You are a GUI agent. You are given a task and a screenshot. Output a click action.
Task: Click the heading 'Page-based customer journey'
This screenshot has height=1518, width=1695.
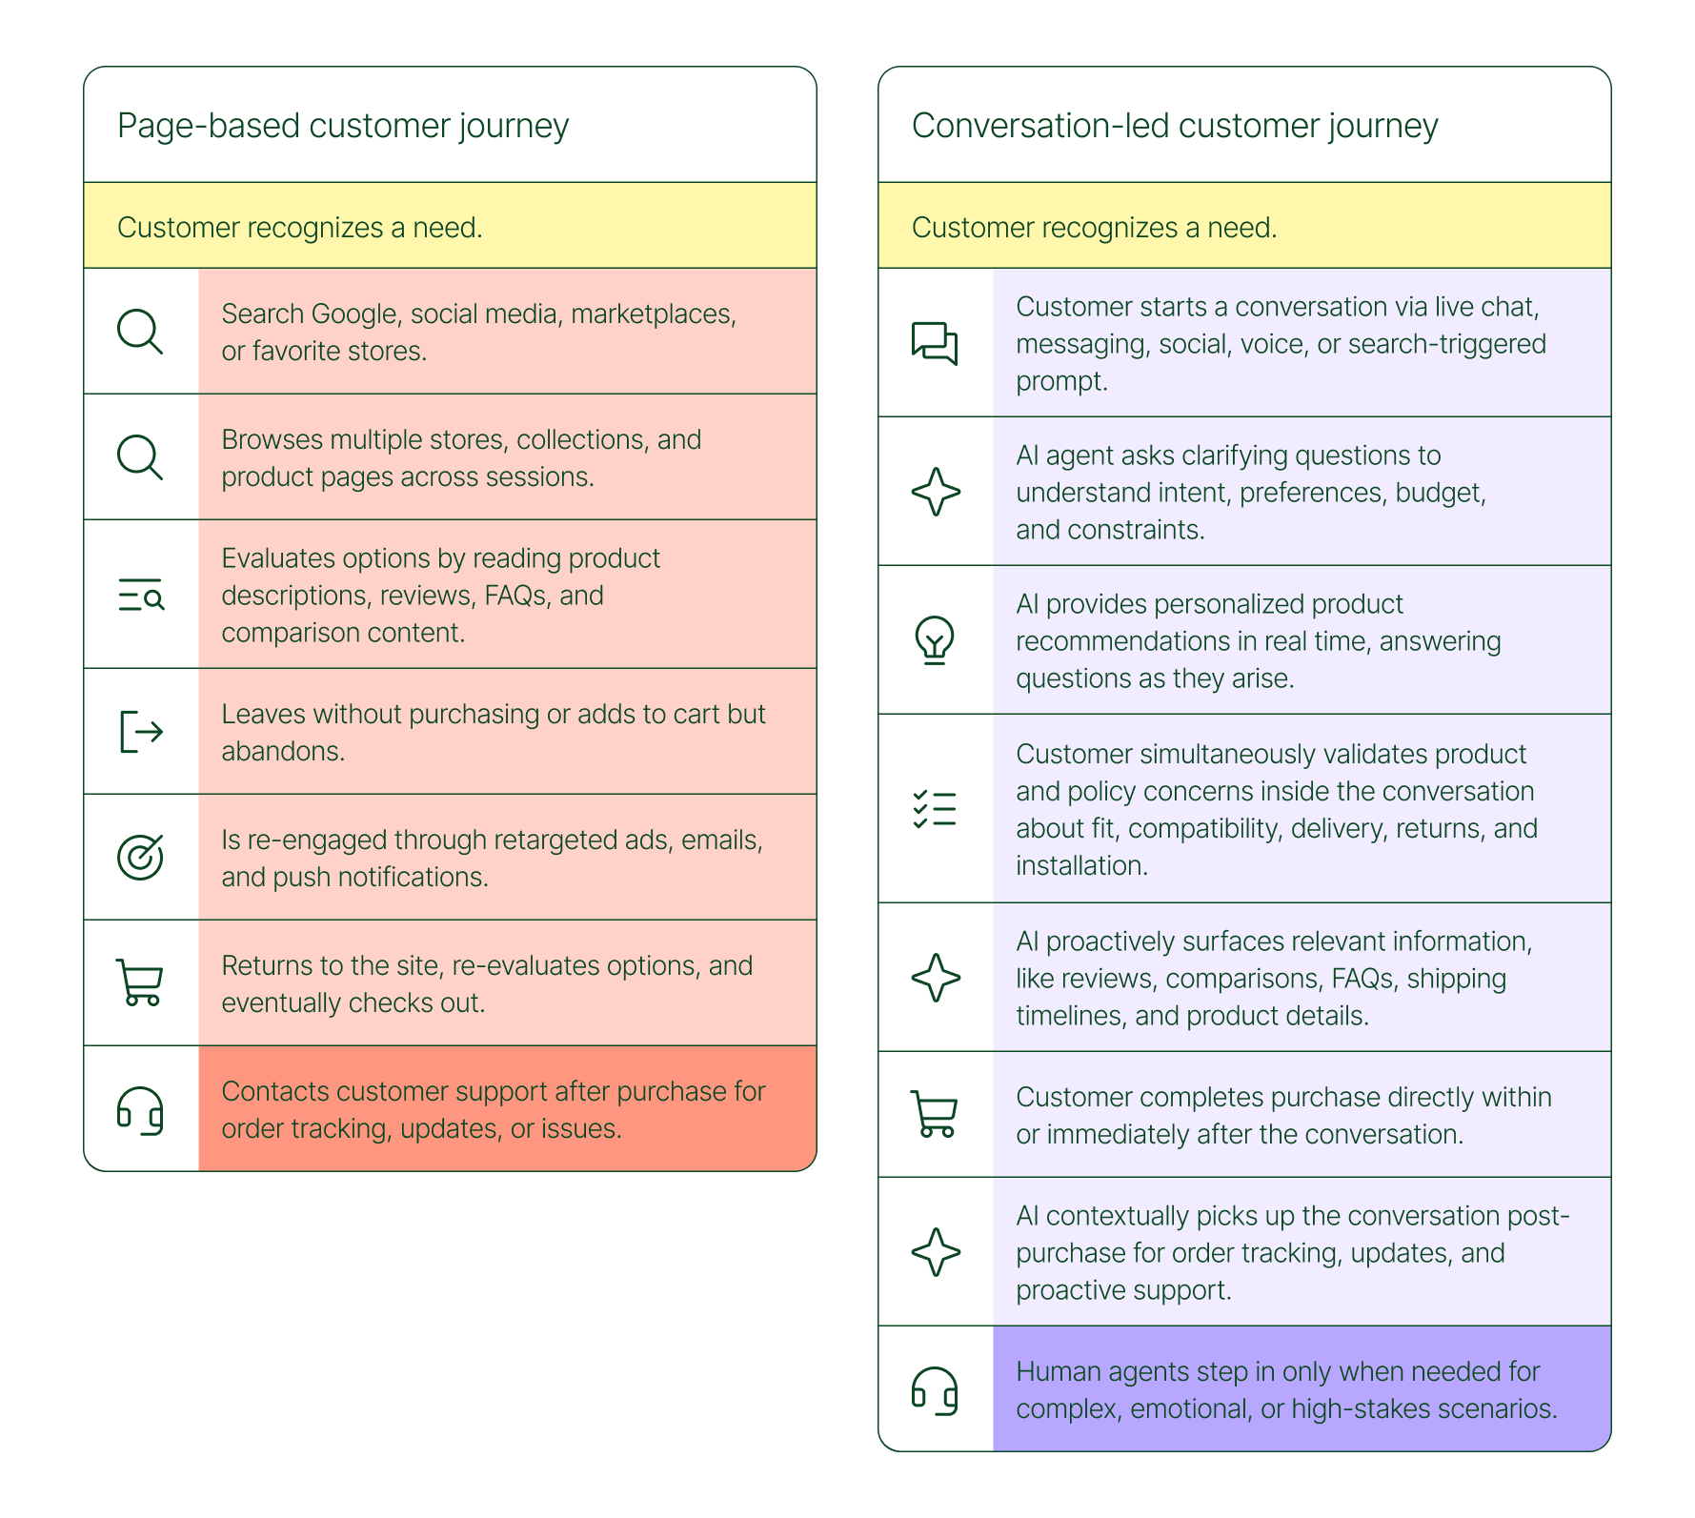pyautogui.click(x=343, y=126)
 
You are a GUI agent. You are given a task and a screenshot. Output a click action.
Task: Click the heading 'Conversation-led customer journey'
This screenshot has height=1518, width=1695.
pyautogui.click(x=1174, y=126)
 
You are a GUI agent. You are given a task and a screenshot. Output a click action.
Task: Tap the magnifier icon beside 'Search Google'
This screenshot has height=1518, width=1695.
pyautogui.click(x=140, y=332)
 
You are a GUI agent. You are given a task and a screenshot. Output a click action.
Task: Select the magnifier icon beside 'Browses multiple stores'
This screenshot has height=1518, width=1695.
pyautogui.click(x=140, y=457)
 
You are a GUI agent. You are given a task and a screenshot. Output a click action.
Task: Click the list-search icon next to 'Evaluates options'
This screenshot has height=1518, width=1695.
pyautogui.click(x=141, y=595)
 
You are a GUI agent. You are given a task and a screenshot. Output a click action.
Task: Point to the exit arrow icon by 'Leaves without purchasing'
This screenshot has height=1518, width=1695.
pyautogui.click(x=141, y=732)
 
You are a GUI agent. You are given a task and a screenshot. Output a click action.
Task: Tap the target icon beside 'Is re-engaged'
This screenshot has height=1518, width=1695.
pyautogui.click(x=140, y=857)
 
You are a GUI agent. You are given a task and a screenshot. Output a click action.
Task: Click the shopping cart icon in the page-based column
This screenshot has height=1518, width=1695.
pyautogui.click(x=140, y=982)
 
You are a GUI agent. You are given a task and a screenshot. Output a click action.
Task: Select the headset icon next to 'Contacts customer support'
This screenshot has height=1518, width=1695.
pyautogui.click(x=140, y=1110)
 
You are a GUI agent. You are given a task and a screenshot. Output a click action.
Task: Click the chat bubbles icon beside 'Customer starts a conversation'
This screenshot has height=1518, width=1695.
pyautogui.click(x=935, y=343)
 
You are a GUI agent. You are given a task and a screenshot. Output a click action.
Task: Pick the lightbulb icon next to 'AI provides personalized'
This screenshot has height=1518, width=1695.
pyautogui.click(x=935, y=639)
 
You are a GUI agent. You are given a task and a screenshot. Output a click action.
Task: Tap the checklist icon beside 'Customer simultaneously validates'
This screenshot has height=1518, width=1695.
pyautogui.click(x=935, y=809)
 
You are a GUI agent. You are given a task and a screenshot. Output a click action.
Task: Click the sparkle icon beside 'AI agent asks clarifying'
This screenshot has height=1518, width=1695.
pyautogui.click(x=936, y=492)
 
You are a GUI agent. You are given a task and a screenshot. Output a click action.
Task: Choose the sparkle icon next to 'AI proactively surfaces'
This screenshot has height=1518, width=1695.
pyautogui.click(x=936, y=978)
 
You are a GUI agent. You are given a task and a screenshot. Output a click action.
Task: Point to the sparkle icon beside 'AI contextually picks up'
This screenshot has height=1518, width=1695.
pyautogui.click(x=936, y=1252)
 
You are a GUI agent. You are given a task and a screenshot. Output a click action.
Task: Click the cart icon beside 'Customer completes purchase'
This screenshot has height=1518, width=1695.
pyautogui.click(x=935, y=1114)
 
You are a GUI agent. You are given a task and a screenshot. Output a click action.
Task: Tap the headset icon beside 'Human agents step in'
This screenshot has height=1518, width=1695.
pyautogui.click(x=935, y=1390)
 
